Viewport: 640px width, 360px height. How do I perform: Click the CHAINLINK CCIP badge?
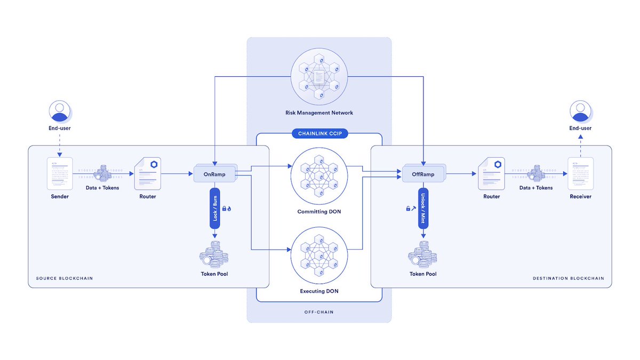click(x=319, y=134)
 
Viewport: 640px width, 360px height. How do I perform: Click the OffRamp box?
click(x=423, y=174)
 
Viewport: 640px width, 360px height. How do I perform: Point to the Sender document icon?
click(x=59, y=173)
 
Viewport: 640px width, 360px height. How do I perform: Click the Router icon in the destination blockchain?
click(x=491, y=173)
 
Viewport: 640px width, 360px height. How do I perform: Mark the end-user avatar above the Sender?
click(x=59, y=111)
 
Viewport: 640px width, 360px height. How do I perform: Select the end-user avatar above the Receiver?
click(x=580, y=111)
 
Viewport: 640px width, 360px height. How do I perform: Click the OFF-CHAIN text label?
click(x=319, y=312)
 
